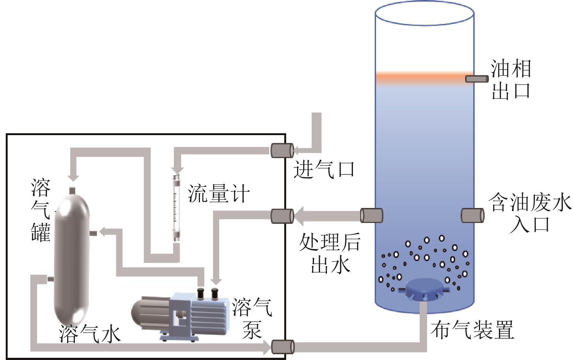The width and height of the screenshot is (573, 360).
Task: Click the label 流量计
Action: (218, 193)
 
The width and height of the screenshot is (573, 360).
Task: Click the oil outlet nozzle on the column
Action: (477, 79)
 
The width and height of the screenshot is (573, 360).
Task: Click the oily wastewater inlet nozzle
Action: (472, 215)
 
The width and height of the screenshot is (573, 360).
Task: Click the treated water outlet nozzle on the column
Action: (371, 215)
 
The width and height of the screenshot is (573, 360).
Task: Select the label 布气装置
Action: (472, 330)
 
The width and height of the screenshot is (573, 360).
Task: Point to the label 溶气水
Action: (90, 334)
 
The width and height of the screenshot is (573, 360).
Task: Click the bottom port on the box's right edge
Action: (282, 347)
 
